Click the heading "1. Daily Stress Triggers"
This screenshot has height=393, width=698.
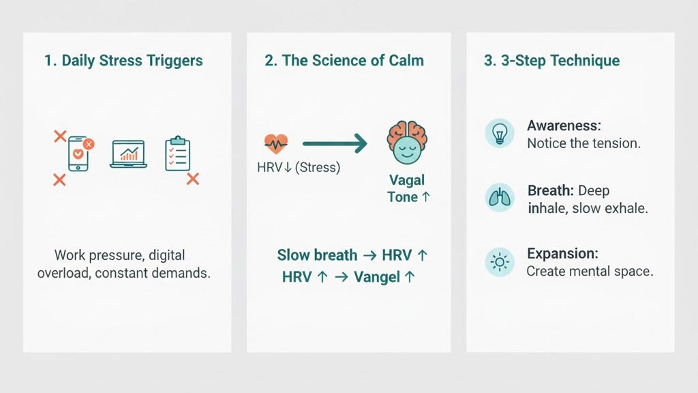click(x=123, y=60)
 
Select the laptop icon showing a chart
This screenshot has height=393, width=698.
click(x=128, y=154)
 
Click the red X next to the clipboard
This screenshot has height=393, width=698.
click(x=193, y=179)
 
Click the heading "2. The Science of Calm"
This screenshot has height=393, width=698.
click(x=344, y=60)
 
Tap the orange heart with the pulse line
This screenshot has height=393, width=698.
click(x=275, y=143)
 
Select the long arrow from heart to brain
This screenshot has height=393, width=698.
click(x=334, y=143)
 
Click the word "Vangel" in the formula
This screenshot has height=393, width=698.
click(x=378, y=277)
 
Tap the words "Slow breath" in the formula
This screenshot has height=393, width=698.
click(x=317, y=255)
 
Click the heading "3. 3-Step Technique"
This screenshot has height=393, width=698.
click(x=551, y=60)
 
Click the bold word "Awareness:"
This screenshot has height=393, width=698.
click(x=563, y=126)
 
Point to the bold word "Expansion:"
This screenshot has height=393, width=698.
click(x=562, y=254)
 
